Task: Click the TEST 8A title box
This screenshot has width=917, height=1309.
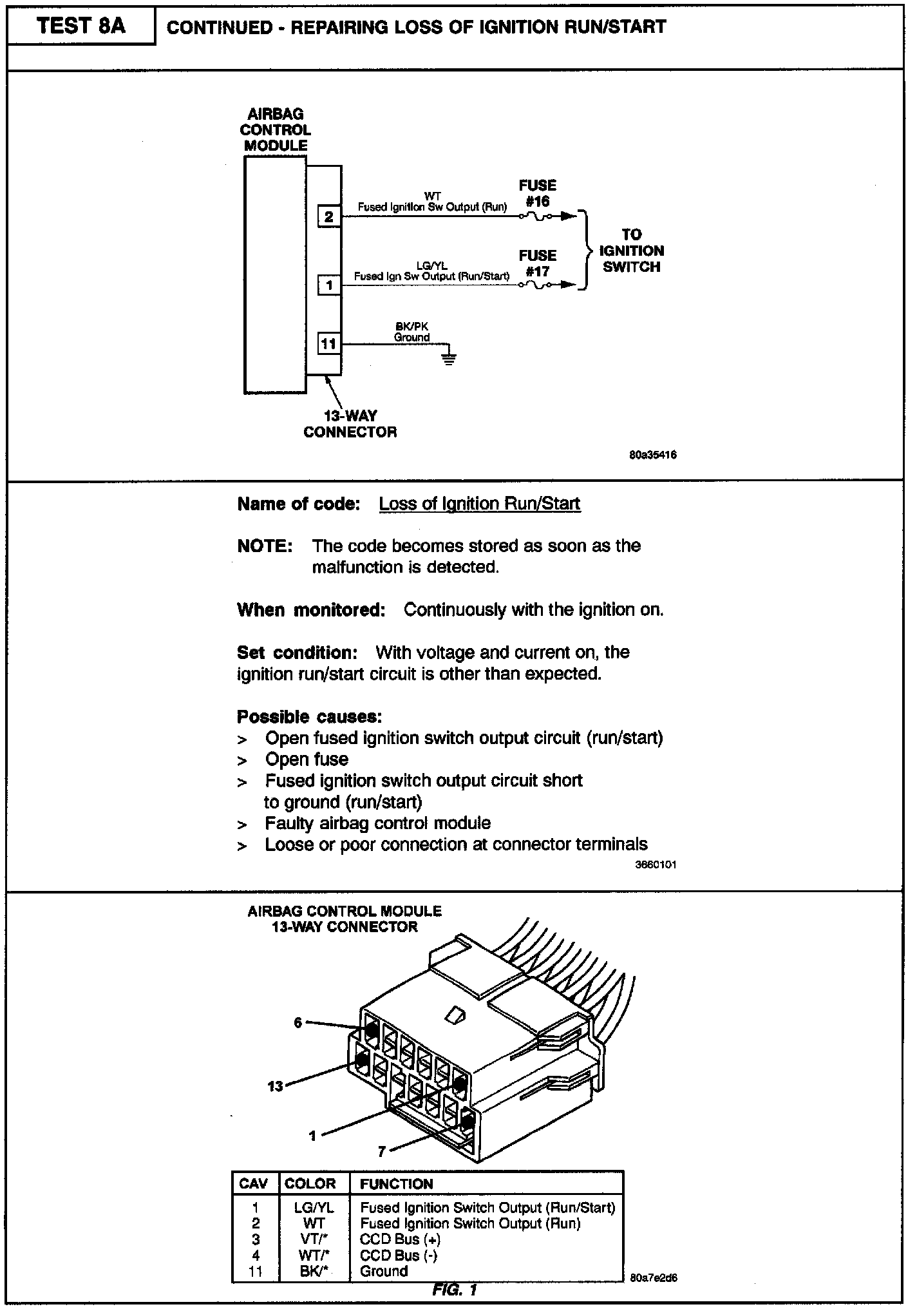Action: tap(81, 26)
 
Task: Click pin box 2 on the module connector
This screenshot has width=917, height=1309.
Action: tap(328, 216)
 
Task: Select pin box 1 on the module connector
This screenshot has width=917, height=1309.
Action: tap(328, 284)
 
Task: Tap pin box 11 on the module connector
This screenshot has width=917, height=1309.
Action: tap(328, 344)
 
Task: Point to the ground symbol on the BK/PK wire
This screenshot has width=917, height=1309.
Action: tap(449, 358)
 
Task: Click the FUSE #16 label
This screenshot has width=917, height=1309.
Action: tap(537, 193)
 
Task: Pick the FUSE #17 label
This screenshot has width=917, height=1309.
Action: tap(537, 263)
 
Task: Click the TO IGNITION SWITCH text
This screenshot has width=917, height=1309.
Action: tap(631, 251)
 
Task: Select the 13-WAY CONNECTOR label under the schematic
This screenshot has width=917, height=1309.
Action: tap(350, 424)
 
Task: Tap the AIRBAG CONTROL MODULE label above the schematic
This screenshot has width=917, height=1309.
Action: tap(276, 130)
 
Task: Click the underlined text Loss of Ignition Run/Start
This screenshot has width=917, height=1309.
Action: tap(480, 504)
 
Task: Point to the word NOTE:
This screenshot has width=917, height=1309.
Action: tap(265, 546)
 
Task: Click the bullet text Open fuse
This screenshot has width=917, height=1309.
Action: tap(307, 760)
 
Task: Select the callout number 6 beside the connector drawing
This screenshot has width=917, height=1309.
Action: tap(298, 1022)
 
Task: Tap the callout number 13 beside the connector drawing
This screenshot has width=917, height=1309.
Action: tap(275, 1086)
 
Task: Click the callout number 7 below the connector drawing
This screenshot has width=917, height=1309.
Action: tap(382, 1152)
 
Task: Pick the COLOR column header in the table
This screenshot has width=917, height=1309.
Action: tap(310, 1184)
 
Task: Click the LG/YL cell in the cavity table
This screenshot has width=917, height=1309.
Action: tap(314, 1208)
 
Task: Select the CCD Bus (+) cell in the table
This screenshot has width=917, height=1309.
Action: tap(400, 1239)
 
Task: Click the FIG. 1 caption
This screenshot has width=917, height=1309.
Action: tap(455, 1290)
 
